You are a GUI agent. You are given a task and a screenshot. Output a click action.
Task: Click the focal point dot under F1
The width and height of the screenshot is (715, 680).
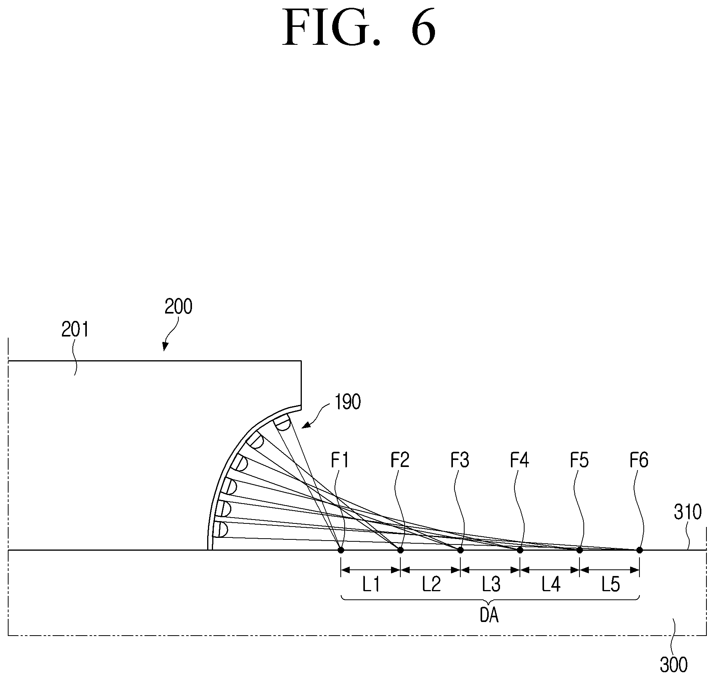(x=341, y=550)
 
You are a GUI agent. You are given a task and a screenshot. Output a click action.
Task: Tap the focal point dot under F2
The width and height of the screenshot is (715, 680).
(x=400, y=550)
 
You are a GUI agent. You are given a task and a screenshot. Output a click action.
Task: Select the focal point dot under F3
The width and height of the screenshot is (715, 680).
(x=460, y=550)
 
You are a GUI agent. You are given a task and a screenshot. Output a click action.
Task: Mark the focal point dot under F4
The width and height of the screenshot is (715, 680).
(x=520, y=550)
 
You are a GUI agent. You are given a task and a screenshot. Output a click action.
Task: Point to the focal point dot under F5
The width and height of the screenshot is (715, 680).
(x=579, y=550)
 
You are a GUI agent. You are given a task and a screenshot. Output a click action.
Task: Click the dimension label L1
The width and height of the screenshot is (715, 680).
(x=371, y=585)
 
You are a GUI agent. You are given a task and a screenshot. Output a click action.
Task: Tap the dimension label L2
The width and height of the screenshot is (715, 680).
(x=431, y=585)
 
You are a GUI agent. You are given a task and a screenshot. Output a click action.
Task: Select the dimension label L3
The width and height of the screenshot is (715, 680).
(x=491, y=585)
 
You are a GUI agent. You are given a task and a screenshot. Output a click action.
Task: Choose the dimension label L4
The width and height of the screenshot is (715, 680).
(x=551, y=585)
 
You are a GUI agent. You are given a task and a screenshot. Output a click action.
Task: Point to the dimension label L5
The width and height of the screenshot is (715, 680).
(x=610, y=585)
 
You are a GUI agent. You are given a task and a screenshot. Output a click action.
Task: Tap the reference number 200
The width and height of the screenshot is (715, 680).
(x=178, y=307)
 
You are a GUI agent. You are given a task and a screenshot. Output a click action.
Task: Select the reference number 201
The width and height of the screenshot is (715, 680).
(x=75, y=329)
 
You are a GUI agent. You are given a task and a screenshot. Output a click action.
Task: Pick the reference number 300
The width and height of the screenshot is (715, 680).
(x=674, y=664)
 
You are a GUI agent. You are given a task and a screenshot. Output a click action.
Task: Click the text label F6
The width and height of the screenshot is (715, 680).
(x=639, y=460)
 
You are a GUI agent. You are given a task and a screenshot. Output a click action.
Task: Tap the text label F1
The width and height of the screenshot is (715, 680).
(x=340, y=460)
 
